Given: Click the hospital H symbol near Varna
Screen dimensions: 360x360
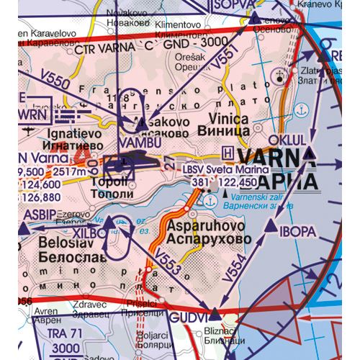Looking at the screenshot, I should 229,152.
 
